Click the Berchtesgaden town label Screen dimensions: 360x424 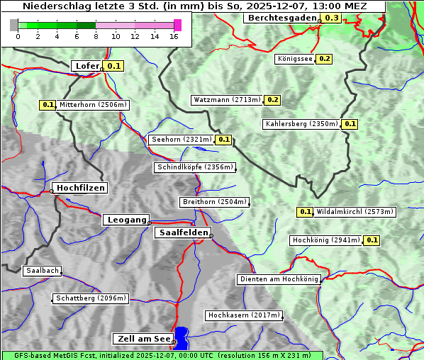point(281,18)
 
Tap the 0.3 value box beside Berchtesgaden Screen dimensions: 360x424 point(331,18)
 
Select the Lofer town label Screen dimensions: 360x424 point(87,66)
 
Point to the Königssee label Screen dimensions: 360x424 point(294,59)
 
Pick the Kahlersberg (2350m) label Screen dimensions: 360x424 point(301,124)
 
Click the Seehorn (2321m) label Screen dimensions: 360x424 point(181,140)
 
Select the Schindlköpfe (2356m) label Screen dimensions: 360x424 point(194,167)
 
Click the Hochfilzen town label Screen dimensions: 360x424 point(80,188)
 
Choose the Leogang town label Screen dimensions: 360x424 point(127,220)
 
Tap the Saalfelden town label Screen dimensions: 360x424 point(182,232)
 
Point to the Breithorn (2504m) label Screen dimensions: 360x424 point(214,202)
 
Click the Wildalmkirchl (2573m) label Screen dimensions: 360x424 point(355,211)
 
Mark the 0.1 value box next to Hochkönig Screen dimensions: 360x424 point(372,240)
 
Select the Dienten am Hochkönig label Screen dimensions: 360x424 point(279,279)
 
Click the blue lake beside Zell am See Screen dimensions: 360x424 point(182,337)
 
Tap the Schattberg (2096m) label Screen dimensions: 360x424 point(91,298)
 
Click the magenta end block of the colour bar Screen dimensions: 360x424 point(178,25)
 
